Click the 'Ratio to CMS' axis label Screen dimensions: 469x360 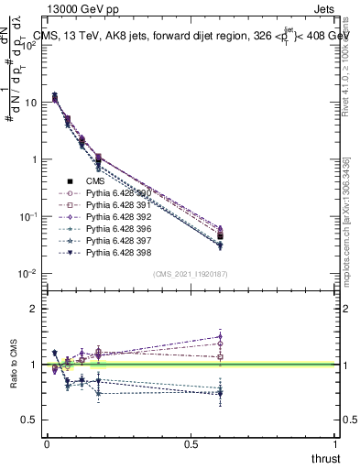[x=13, y=364]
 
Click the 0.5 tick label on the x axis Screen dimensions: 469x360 [x=191, y=442]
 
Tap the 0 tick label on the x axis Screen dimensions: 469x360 [x=47, y=442]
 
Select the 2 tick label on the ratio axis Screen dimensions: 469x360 [x=33, y=309]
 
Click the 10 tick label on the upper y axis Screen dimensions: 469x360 [x=29, y=103]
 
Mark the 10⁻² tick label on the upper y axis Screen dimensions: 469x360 [x=27, y=274]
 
